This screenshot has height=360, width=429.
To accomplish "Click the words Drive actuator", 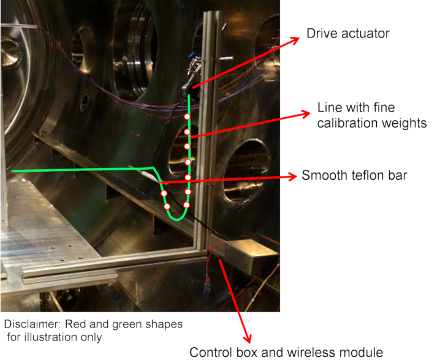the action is point(348,34).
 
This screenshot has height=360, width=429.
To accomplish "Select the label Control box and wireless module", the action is point(286,352).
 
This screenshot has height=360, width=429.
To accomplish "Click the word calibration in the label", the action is point(348,123).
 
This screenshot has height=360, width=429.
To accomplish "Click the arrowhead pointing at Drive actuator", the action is point(298,39).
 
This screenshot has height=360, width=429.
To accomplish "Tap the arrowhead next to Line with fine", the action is point(305,112).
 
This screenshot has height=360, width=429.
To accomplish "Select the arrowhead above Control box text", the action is point(248,340).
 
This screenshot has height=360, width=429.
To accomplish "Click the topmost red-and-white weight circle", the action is point(188,117).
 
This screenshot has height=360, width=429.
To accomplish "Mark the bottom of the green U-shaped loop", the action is point(178,218).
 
